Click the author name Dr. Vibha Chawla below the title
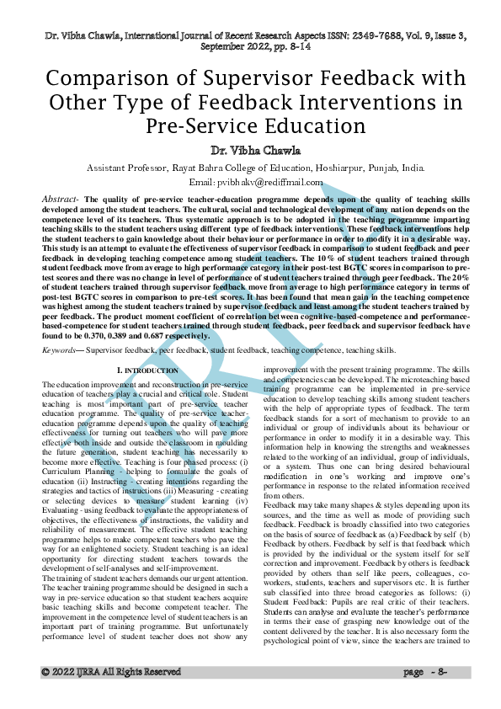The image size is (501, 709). click(251, 152)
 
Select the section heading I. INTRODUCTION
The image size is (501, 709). click(147, 370)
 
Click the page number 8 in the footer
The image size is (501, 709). click(439, 696)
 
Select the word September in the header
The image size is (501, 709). click(229, 49)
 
